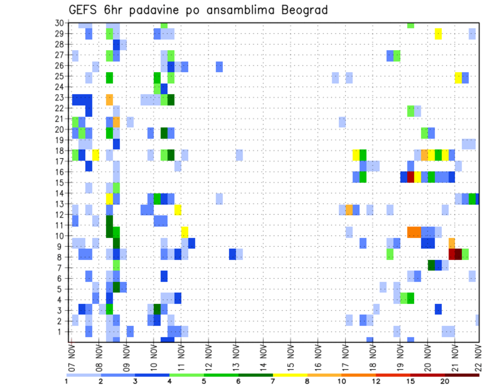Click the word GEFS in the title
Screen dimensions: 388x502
84,10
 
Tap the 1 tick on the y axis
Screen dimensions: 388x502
61,332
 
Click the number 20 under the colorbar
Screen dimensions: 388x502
444,381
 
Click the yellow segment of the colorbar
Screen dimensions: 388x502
290,374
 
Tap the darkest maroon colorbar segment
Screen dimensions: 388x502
462,374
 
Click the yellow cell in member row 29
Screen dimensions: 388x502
438,34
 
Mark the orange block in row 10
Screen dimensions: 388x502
414,231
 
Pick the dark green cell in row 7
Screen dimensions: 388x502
431,265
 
